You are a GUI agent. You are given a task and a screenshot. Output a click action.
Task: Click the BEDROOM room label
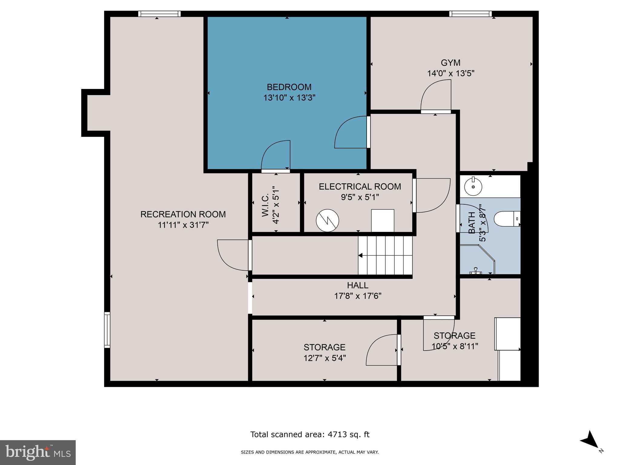pos(289,87)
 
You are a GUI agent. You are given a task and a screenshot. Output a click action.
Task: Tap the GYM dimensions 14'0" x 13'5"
pos(450,74)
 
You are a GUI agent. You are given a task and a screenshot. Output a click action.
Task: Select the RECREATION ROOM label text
pos(183,214)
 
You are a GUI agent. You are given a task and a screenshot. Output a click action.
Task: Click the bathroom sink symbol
pos(473,187)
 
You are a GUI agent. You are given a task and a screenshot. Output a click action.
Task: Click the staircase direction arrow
pos(361,256)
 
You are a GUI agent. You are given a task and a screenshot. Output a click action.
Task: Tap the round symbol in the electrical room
pos(327,221)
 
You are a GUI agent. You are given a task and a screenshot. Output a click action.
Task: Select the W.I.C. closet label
pos(265,205)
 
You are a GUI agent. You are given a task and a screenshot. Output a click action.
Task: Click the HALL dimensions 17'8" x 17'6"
pos(358,296)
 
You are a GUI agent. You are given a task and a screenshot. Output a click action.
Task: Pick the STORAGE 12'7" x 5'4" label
pos(325,352)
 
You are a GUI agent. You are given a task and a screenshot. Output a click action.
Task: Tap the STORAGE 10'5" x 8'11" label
pos(454,341)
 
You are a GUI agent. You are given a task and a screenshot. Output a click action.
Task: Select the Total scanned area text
pos(310,434)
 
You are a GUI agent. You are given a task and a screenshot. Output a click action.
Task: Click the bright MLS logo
pos(38,452)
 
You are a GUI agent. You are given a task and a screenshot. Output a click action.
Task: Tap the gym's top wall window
pos(470,14)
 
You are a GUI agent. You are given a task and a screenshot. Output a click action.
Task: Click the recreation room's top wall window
pos(159,14)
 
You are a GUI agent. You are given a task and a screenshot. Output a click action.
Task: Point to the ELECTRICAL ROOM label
pos(360,186)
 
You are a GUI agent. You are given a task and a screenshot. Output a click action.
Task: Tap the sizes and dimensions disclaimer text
pos(310,452)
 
